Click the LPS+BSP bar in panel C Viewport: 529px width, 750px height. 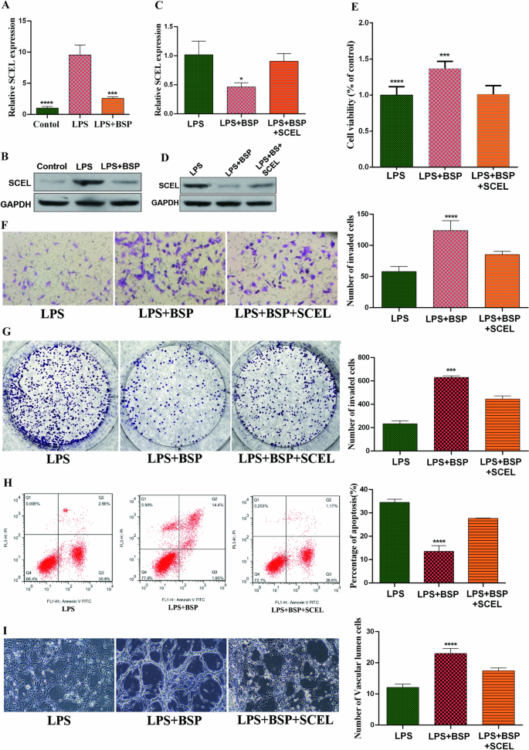pyautogui.click(x=240, y=101)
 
